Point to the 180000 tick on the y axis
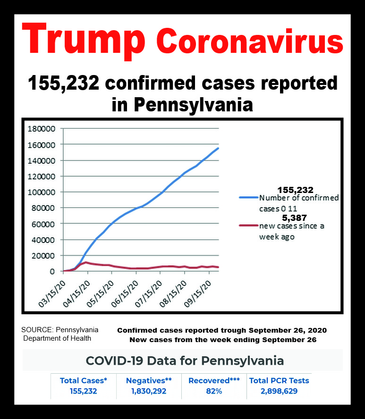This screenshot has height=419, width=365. pos(43,128)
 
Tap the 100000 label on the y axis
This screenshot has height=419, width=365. pos(43,192)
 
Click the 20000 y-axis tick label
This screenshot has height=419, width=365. pos(45,255)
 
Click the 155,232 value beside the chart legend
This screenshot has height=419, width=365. pos(295,190)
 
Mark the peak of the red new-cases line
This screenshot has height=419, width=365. pos(86,262)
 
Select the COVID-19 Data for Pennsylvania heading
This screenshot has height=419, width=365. pos(185,361)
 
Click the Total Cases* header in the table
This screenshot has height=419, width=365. pos(84,380)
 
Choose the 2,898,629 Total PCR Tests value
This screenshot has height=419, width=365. pos(280,391)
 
